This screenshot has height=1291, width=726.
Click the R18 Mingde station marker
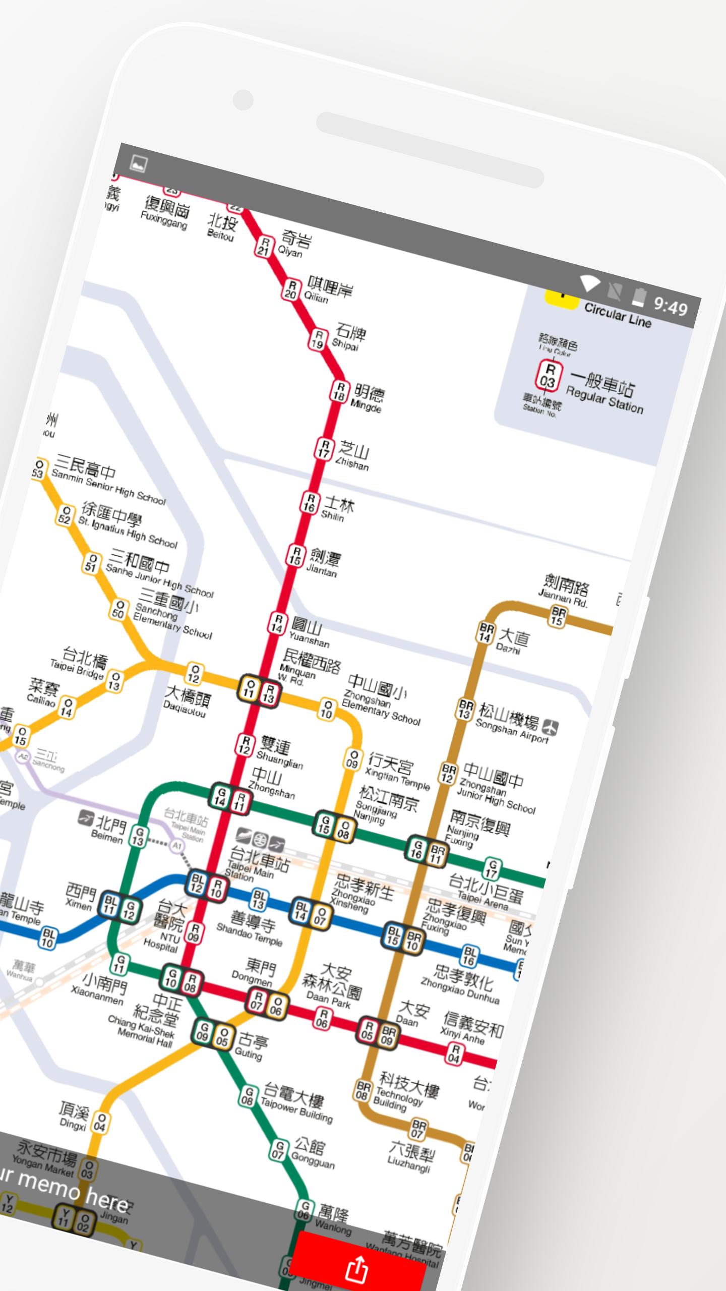click(x=340, y=392)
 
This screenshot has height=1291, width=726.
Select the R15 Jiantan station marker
click(x=296, y=555)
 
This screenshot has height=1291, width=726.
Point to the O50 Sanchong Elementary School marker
click(x=118, y=609)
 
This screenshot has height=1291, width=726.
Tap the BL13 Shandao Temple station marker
click(x=259, y=899)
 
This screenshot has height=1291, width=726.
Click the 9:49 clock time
click(x=671, y=306)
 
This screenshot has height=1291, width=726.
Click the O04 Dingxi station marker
click(x=100, y=1123)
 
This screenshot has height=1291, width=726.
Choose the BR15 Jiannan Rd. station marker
click(x=558, y=616)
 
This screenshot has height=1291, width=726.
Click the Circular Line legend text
click(x=618, y=316)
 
